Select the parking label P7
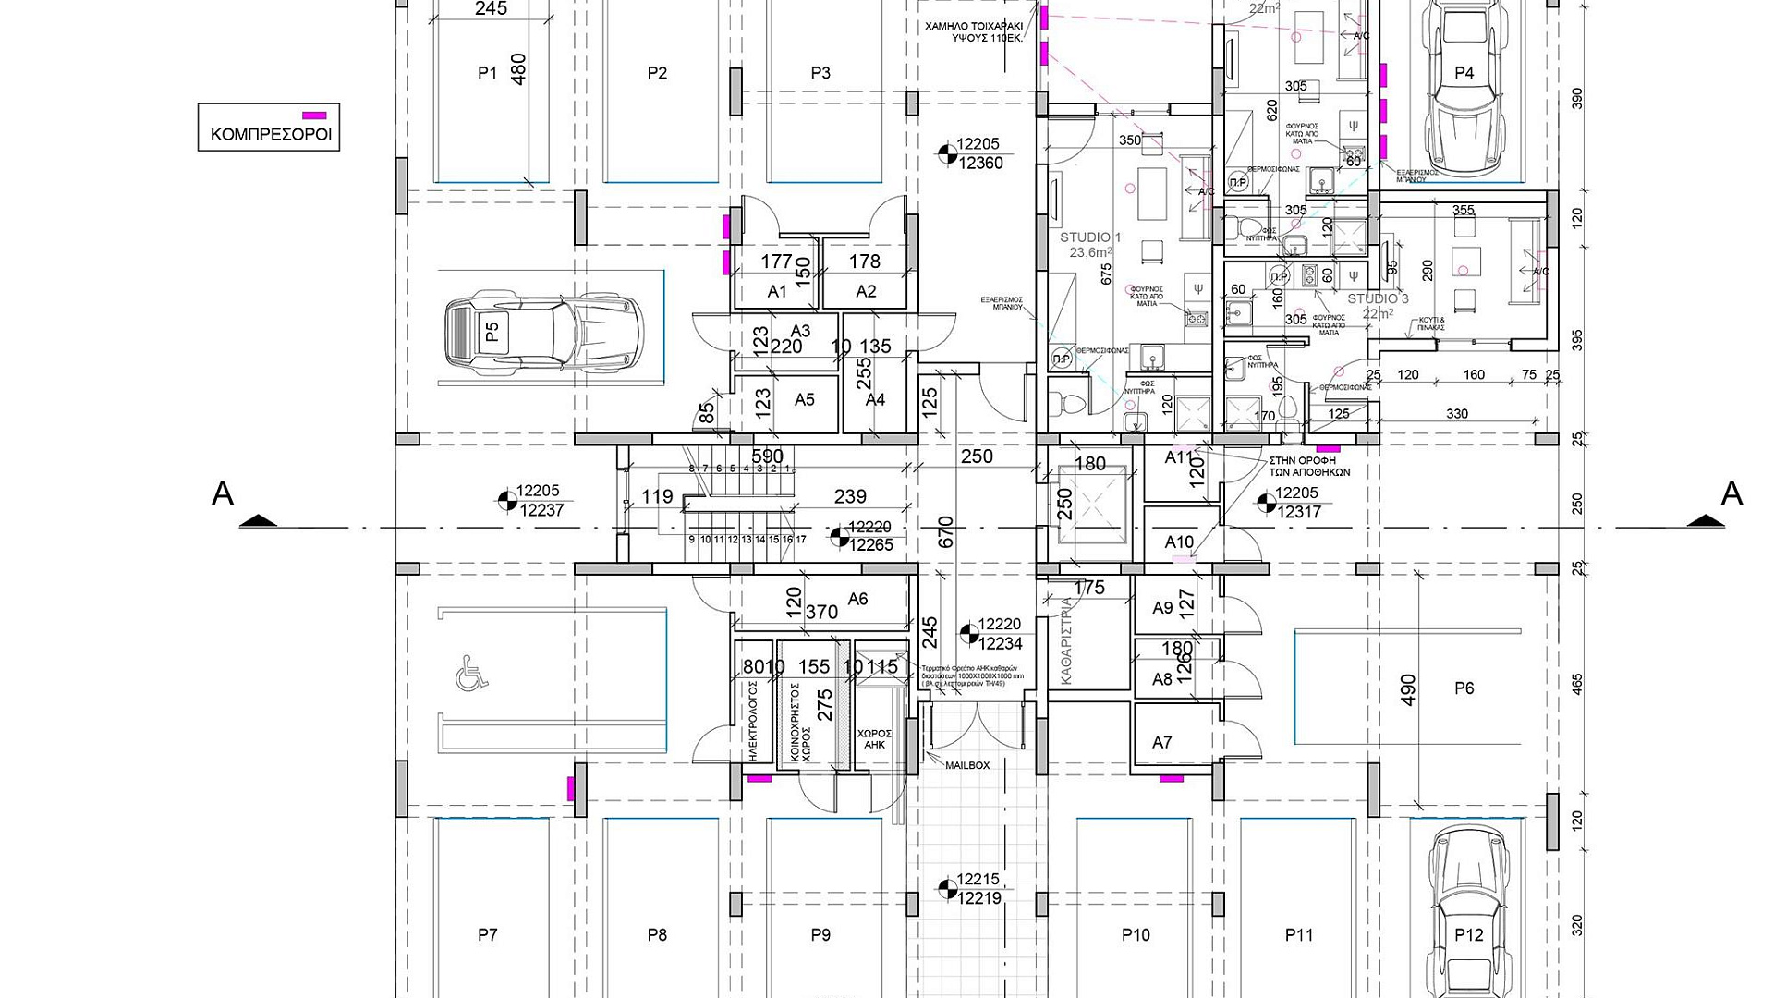pyautogui.click(x=487, y=935)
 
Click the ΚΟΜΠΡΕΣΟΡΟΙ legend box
pyautogui.click(x=269, y=127)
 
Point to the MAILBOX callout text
pyautogui.click(x=966, y=765)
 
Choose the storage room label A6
pyautogui.click(x=857, y=599)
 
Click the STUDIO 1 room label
pyautogui.click(x=1090, y=237)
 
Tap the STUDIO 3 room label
pyautogui.click(x=1378, y=298)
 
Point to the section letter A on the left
pyautogui.click(x=223, y=494)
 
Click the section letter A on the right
pyautogui.click(x=1731, y=494)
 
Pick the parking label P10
pyautogui.click(x=1136, y=935)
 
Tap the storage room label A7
pyautogui.click(x=1161, y=742)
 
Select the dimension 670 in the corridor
pyautogui.click(x=945, y=532)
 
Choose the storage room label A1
pyautogui.click(x=777, y=291)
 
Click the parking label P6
pyautogui.click(x=1464, y=688)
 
